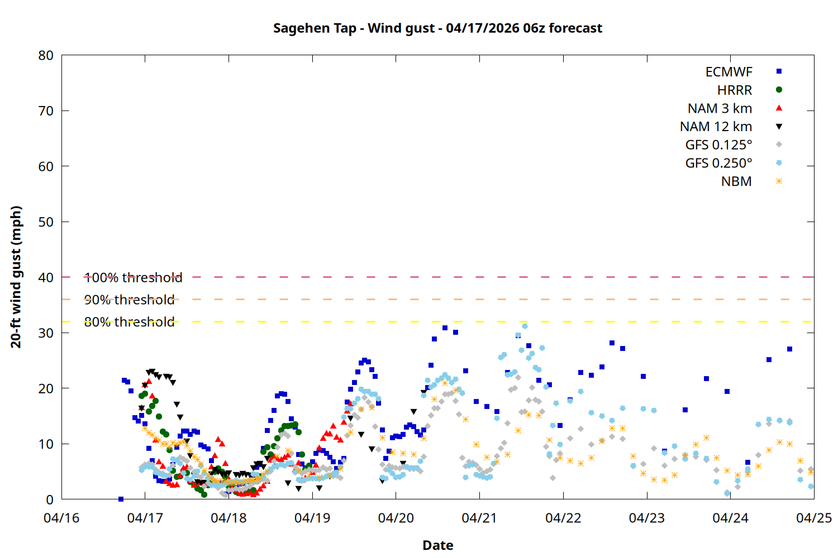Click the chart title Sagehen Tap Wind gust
[x=437, y=28]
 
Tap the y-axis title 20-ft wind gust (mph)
[x=16, y=277]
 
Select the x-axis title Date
[x=437, y=545]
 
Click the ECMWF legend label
[x=729, y=72]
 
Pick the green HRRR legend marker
[x=779, y=90]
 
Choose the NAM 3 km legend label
[x=720, y=108]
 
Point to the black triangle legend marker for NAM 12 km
[x=779, y=127]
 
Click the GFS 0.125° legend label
[x=718, y=145]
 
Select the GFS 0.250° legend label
[x=718, y=163]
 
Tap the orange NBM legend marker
[x=779, y=181]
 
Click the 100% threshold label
[x=133, y=277]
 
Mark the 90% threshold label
[x=129, y=300]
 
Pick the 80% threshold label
[x=129, y=322]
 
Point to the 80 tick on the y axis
[x=46, y=55]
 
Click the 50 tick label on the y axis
[x=46, y=222]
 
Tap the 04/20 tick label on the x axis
[x=396, y=518]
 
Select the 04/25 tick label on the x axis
[x=813, y=518]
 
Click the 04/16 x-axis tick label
[x=61, y=518]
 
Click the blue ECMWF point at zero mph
[x=121, y=499]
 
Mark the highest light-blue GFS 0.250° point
[x=525, y=326]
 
